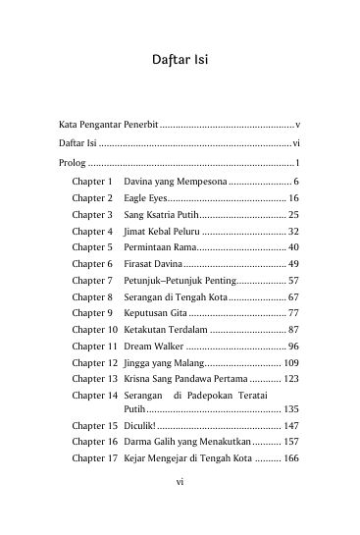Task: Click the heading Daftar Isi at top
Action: click(x=180, y=62)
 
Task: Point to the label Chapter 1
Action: click(x=93, y=182)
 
